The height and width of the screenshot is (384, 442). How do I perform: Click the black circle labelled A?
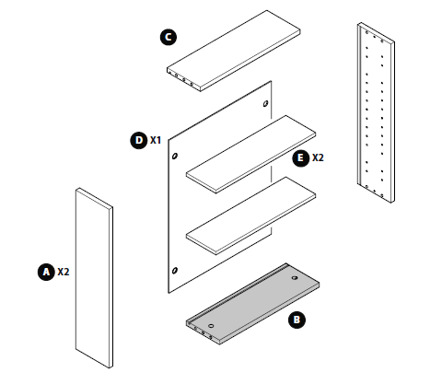(46, 272)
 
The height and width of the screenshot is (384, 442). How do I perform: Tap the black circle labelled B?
(297, 320)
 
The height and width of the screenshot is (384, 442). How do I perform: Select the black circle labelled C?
(169, 37)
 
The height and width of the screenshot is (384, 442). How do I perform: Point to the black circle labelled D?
(139, 140)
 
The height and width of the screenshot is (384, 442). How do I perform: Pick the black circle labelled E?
(301, 157)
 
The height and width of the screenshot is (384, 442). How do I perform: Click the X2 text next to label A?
(64, 272)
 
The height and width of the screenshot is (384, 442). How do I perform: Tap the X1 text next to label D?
(156, 140)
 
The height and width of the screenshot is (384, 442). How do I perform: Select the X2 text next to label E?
(318, 157)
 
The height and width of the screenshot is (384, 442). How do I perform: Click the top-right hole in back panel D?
(265, 104)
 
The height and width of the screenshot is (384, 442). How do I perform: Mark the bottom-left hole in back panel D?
(175, 271)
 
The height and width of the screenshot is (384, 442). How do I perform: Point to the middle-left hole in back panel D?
(175, 156)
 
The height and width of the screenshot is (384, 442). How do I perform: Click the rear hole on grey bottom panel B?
(295, 278)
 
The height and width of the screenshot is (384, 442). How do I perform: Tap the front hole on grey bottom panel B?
(211, 325)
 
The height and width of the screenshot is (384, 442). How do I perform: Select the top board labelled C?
(234, 51)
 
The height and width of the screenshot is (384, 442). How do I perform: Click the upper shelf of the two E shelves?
(250, 154)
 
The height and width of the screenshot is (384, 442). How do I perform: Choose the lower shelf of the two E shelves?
(250, 215)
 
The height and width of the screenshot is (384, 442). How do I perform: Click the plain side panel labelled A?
(94, 278)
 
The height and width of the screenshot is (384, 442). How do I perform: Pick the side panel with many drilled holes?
(376, 112)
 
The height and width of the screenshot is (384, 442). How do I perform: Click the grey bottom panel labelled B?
(252, 304)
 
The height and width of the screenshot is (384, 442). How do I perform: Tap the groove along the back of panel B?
(238, 294)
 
